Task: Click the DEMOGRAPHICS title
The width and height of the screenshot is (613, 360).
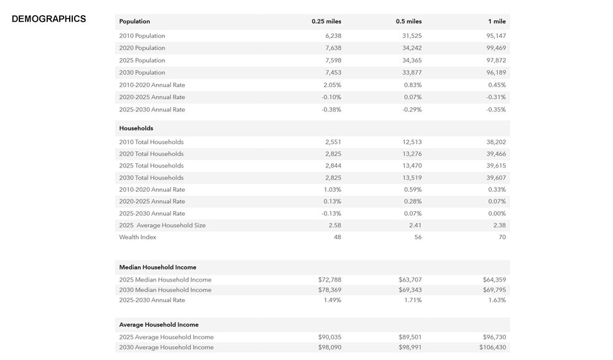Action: click(49, 19)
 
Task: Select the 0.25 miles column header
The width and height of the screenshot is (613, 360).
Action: click(326, 21)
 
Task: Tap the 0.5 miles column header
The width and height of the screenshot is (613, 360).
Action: click(409, 21)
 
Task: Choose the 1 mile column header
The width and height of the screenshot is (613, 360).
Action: click(497, 21)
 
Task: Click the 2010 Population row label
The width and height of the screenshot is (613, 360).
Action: click(142, 36)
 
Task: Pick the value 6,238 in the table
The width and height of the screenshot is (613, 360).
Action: click(333, 36)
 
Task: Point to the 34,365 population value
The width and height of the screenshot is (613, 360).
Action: click(412, 60)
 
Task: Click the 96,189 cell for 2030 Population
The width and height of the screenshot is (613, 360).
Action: click(496, 73)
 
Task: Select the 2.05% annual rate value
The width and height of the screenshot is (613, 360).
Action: click(332, 85)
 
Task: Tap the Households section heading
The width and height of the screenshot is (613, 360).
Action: click(136, 128)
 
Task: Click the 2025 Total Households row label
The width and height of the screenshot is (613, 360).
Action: click(151, 166)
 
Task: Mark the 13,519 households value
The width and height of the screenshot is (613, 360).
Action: click(412, 178)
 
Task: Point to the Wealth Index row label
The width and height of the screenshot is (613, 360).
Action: click(138, 237)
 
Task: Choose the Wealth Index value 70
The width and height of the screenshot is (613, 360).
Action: click(502, 237)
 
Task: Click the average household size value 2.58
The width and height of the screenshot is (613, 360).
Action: click(335, 225)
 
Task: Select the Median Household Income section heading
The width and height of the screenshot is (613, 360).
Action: click(158, 267)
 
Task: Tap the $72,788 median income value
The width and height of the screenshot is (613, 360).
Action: click(330, 280)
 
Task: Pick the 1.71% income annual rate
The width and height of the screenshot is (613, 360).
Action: click(413, 300)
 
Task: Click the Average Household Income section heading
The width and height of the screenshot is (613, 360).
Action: click(159, 324)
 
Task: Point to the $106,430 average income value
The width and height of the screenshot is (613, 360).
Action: click(493, 347)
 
